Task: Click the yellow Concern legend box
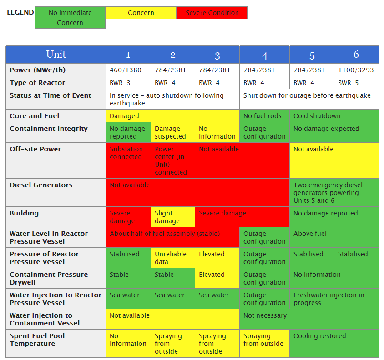pyautogui.click(x=141, y=13)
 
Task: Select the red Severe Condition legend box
pyautogui.click(x=212, y=13)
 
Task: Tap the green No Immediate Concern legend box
pyautogui.click(x=70, y=18)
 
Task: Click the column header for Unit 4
pyautogui.click(x=264, y=55)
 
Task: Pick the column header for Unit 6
pyautogui.click(x=356, y=55)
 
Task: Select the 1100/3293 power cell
pyautogui.click(x=356, y=70)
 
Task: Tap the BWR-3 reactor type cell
pyautogui.click(x=128, y=83)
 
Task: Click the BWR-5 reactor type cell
pyautogui.click(x=356, y=83)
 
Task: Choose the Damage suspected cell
pyautogui.click(x=172, y=132)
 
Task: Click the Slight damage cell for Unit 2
pyautogui.click(x=172, y=217)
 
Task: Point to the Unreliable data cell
pyautogui.click(x=172, y=258)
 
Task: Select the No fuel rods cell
pyautogui.click(x=264, y=116)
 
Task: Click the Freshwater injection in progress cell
pyautogui.click(x=334, y=299)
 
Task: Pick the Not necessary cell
pyautogui.click(x=309, y=319)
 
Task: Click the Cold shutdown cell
pyautogui.click(x=334, y=116)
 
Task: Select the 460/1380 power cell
pyautogui.click(x=128, y=70)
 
